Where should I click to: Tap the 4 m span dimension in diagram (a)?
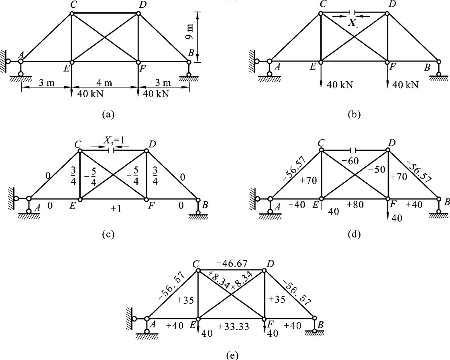(x=104, y=83)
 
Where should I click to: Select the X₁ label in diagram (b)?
(x=353, y=22)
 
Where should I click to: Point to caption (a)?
(x=108, y=114)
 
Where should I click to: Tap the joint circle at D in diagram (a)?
(x=138, y=14)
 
